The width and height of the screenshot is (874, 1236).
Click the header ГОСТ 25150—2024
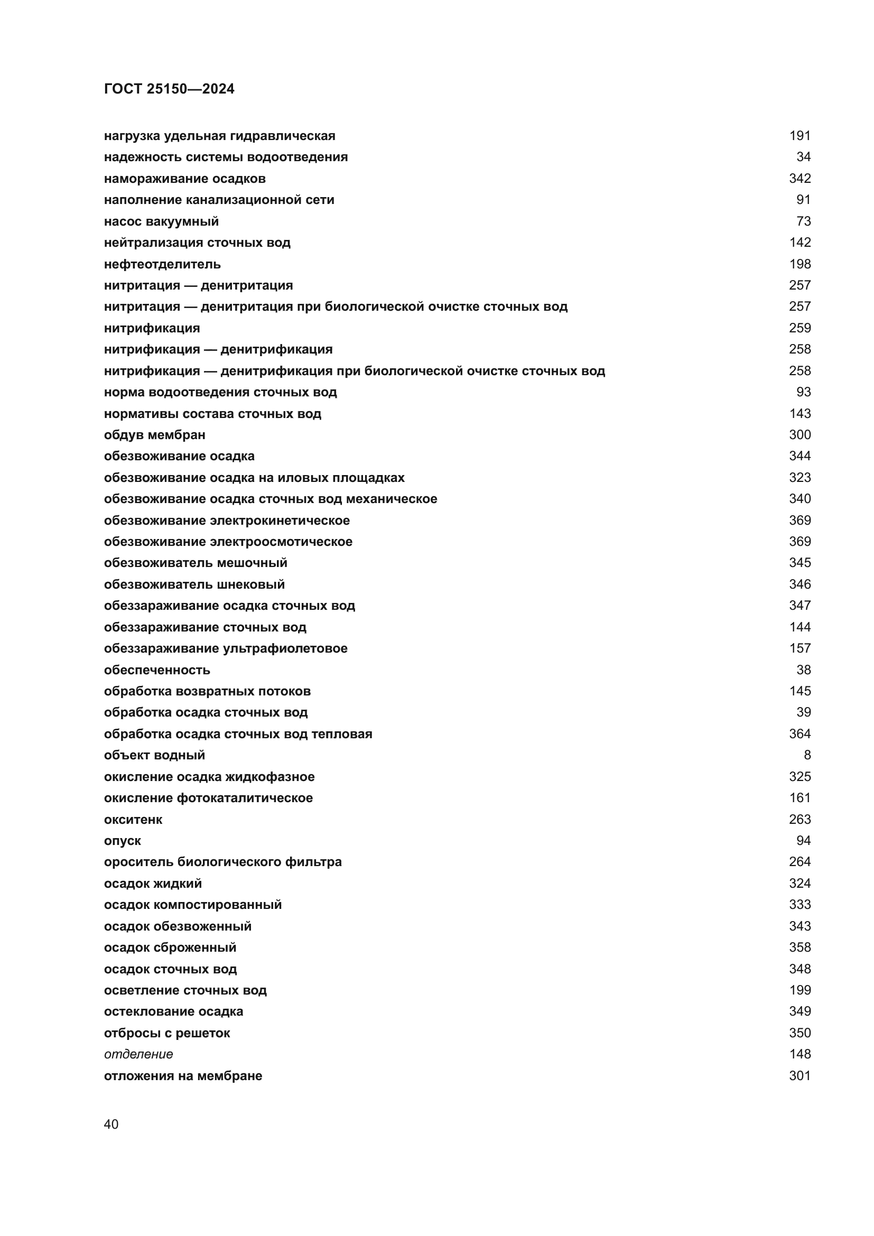[x=169, y=89]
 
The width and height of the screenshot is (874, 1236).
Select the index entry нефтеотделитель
[x=162, y=264]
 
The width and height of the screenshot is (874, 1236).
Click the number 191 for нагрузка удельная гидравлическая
[x=799, y=136]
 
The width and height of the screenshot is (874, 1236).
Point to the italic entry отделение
[x=138, y=1054]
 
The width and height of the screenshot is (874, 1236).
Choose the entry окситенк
[x=133, y=820]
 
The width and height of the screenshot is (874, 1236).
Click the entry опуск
[x=122, y=840]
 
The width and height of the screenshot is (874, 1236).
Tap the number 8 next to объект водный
[x=807, y=755]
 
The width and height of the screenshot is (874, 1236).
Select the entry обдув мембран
[x=154, y=435]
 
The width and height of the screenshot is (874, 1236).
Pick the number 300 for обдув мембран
[x=799, y=435]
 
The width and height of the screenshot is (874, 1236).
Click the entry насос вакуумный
[x=161, y=221]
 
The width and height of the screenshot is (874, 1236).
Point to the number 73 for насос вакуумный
[x=803, y=221]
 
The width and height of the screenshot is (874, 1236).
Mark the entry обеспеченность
[x=156, y=670]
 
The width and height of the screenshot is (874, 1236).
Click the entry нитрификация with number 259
[x=152, y=328]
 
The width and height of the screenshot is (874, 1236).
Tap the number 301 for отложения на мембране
[x=799, y=1075]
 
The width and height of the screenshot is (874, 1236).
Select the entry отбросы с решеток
[x=167, y=1033]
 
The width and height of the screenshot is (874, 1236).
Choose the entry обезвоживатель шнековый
[x=194, y=584]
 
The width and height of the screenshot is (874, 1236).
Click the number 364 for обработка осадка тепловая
[x=799, y=734]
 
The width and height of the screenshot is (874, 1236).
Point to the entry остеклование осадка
[x=173, y=1011]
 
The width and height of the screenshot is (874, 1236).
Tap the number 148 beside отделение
[x=799, y=1054]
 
